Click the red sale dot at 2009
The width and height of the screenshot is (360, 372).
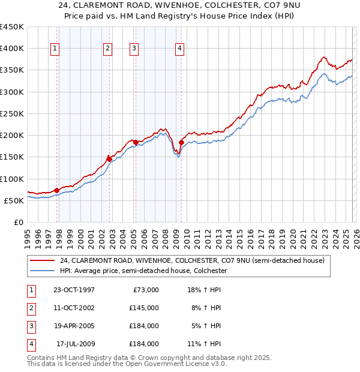[x=181, y=142]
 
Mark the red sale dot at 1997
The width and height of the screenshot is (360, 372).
[x=57, y=190]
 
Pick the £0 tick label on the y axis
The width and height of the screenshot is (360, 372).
[x=18, y=222]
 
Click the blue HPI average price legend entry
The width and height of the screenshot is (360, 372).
[x=143, y=271]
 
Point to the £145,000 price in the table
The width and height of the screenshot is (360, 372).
[x=143, y=308]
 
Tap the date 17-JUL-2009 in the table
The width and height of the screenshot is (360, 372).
[x=75, y=344]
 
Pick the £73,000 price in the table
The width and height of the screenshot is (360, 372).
[x=145, y=290]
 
